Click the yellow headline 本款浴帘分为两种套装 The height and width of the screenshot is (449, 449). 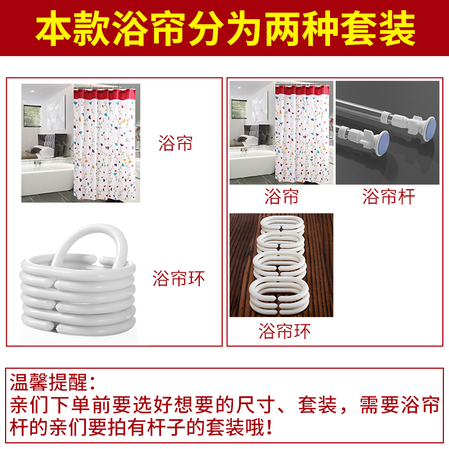[226, 28]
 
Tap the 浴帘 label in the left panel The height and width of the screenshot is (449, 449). [175, 143]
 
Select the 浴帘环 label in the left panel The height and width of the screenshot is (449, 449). [178, 278]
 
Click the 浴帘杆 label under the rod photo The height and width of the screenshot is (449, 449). [388, 196]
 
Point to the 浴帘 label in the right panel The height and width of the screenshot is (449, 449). [281, 196]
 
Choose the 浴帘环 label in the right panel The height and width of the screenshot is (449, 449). [285, 331]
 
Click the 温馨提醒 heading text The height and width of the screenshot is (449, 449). [48, 382]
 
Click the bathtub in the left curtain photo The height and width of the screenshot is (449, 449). [47, 177]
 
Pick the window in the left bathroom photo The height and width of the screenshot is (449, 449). [32, 116]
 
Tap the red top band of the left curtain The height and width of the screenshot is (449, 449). [104, 94]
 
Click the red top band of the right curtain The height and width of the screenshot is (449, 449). [302, 90]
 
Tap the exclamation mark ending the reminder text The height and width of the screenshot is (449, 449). [269, 427]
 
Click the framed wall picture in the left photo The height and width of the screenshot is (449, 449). [56, 113]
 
